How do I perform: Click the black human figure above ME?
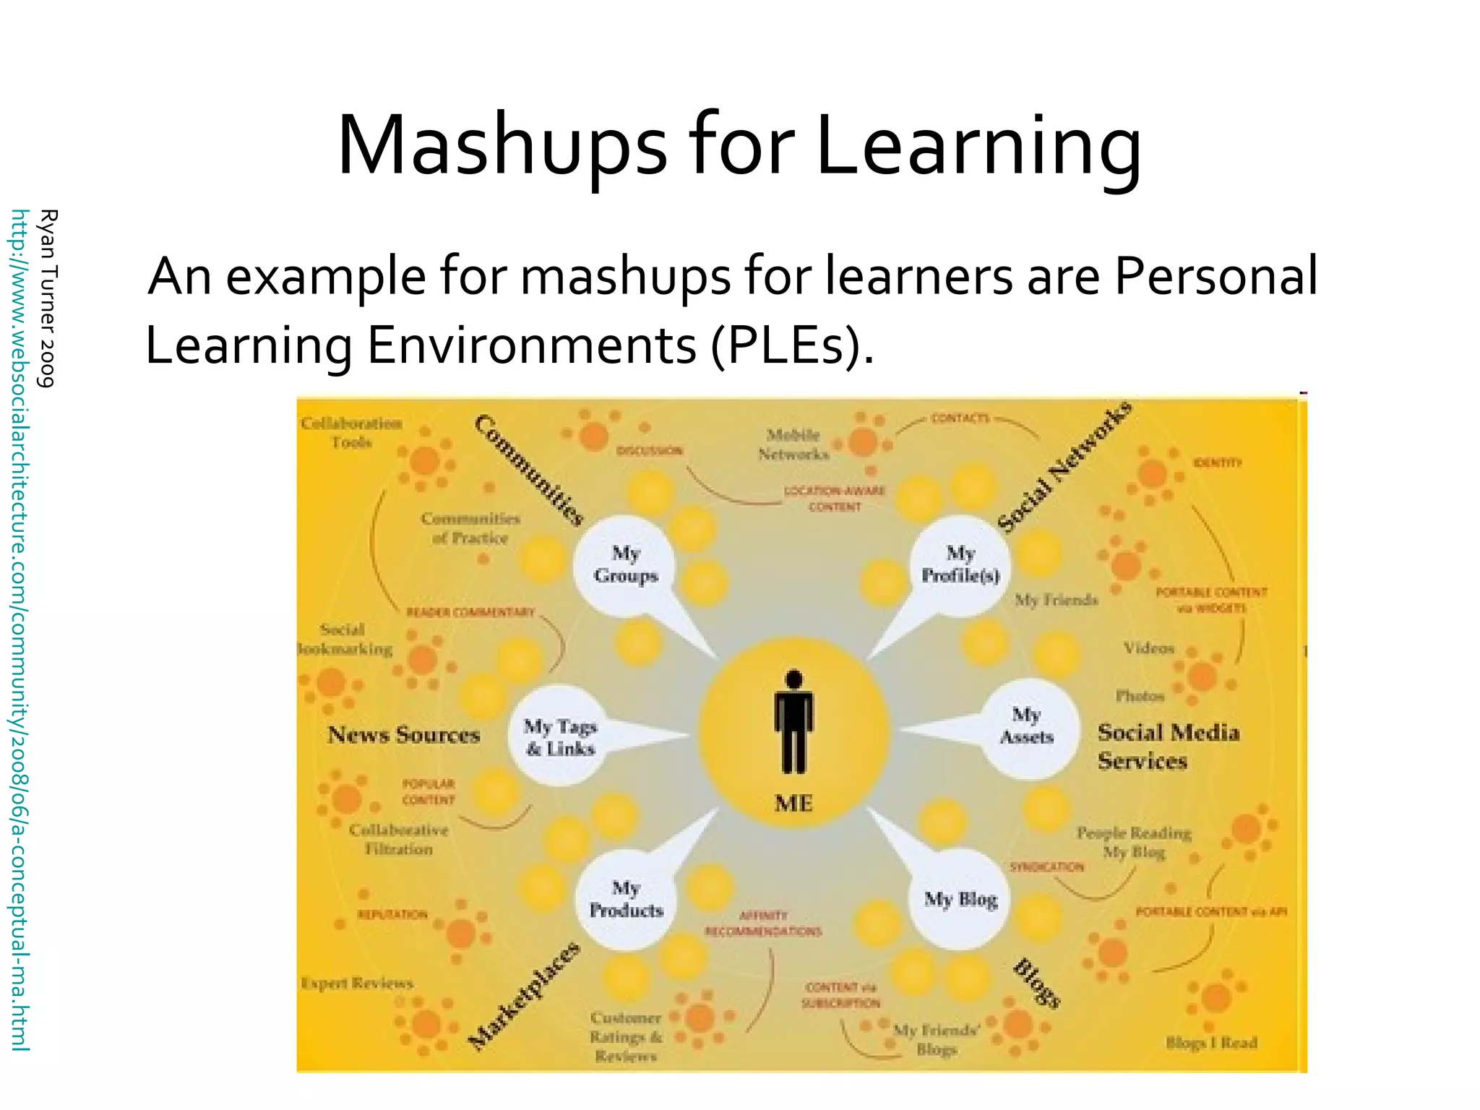coord(793,723)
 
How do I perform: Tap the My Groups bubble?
coord(626,565)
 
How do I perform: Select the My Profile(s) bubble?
coord(960,565)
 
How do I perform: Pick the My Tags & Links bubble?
coord(561,737)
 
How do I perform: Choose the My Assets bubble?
coord(1026,726)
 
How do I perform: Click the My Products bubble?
coord(626,899)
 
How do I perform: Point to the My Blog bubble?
coord(960,900)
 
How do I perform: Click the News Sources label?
coord(404,735)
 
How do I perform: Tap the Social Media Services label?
coord(1168,747)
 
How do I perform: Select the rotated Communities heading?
coord(529,470)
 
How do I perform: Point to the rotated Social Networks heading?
coord(1064,466)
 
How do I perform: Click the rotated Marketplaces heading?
coord(524,996)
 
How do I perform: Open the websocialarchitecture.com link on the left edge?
coord(20,629)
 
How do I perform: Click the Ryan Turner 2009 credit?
coord(48,298)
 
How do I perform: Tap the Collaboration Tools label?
coord(351,432)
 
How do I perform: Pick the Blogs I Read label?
coord(1211,1042)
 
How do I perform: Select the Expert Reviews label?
coord(357,984)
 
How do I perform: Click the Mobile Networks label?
coord(793,444)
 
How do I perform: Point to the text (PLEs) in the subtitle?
coord(792,345)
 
